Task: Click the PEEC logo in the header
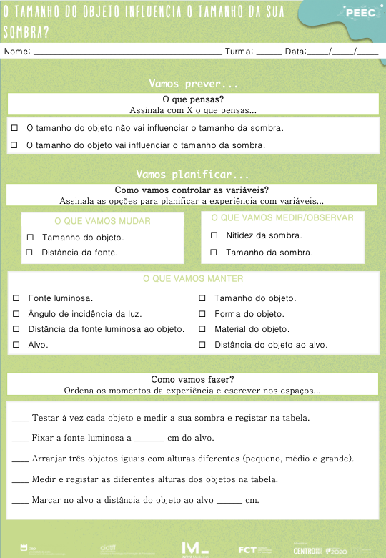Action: pyautogui.click(x=355, y=12)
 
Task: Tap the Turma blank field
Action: pyautogui.click(x=269, y=52)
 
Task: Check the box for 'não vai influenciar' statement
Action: pyautogui.click(x=15, y=128)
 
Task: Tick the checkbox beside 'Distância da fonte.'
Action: pyautogui.click(x=30, y=253)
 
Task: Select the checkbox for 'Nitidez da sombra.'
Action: pyautogui.click(x=214, y=235)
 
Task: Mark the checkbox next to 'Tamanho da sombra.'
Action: pyautogui.click(x=214, y=253)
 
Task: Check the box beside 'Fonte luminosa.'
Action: pyautogui.click(x=16, y=298)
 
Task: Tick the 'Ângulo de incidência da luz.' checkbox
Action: pyautogui.click(x=16, y=314)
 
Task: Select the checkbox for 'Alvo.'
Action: pyautogui.click(x=16, y=345)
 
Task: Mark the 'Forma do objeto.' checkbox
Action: pyautogui.click(x=201, y=314)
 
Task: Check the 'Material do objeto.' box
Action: pyautogui.click(x=201, y=329)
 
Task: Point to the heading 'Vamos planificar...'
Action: pyautogui.click(x=192, y=175)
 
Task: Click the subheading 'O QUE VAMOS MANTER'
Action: pyautogui.click(x=193, y=278)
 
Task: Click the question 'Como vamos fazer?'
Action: pyautogui.click(x=192, y=379)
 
